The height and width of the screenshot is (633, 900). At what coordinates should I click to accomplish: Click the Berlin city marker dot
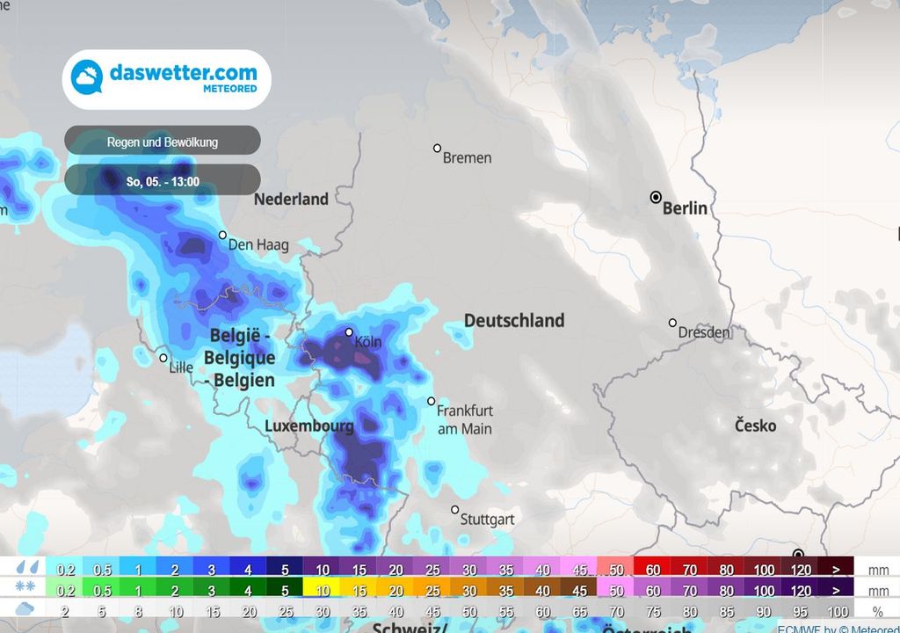click(656, 197)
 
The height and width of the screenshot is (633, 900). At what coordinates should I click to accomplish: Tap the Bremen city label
click(467, 158)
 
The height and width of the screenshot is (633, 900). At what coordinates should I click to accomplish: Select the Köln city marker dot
click(349, 332)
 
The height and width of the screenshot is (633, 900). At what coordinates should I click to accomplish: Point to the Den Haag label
click(258, 245)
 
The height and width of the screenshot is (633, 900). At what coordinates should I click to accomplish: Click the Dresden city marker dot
click(672, 323)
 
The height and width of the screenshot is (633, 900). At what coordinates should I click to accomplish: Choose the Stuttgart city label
click(488, 520)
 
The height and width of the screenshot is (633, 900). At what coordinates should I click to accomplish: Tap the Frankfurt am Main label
click(465, 419)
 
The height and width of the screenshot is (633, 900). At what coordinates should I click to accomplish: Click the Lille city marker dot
click(163, 358)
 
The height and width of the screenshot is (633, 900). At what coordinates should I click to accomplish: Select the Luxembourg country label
click(309, 426)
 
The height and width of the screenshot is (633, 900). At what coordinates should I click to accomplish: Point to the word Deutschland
click(514, 320)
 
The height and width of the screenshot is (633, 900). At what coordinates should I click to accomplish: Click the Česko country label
click(755, 426)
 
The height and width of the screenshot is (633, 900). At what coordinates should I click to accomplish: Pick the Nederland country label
click(291, 199)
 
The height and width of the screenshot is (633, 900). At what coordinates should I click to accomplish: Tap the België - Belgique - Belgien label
click(240, 358)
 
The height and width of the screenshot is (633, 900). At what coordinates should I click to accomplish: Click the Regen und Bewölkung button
click(163, 141)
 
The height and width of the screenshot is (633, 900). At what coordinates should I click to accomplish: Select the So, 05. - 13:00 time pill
click(163, 182)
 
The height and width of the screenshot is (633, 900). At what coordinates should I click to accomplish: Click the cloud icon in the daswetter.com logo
click(87, 78)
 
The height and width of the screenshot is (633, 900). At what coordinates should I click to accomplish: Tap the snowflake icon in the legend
click(25, 589)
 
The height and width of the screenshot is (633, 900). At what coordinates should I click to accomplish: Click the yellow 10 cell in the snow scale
click(322, 590)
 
